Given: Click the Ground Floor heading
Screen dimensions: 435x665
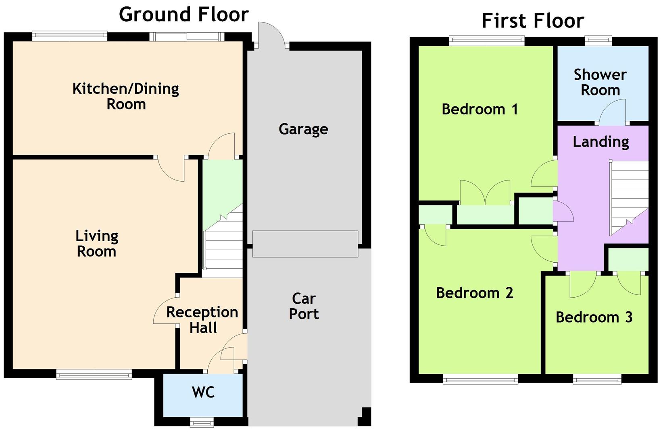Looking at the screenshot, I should (x=184, y=14).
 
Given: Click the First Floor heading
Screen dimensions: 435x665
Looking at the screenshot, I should (x=533, y=21).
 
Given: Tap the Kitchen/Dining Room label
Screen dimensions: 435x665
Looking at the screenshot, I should (x=126, y=96).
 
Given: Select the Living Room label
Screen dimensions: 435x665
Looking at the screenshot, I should (x=97, y=244).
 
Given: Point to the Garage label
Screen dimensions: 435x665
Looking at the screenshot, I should (x=303, y=129).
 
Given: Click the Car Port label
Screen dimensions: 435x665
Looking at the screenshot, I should (x=304, y=306).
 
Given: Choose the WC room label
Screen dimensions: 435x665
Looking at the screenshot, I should (x=203, y=392).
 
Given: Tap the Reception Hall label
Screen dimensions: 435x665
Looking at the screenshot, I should (x=202, y=320).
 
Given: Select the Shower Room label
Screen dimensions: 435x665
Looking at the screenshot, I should (x=600, y=82).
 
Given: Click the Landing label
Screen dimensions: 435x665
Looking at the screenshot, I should (x=601, y=142).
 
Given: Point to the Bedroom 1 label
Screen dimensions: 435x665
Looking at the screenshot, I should (x=479, y=109).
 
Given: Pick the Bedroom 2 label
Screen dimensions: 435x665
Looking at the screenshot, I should (x=475, y=293).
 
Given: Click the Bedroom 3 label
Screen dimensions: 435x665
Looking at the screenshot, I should (x=594, y=317).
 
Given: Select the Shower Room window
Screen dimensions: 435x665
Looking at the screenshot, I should (x=598, y=40).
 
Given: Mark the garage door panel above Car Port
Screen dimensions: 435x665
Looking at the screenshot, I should (x=305, y=244).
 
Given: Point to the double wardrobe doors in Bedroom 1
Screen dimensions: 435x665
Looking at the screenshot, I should (x=485, y=193).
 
